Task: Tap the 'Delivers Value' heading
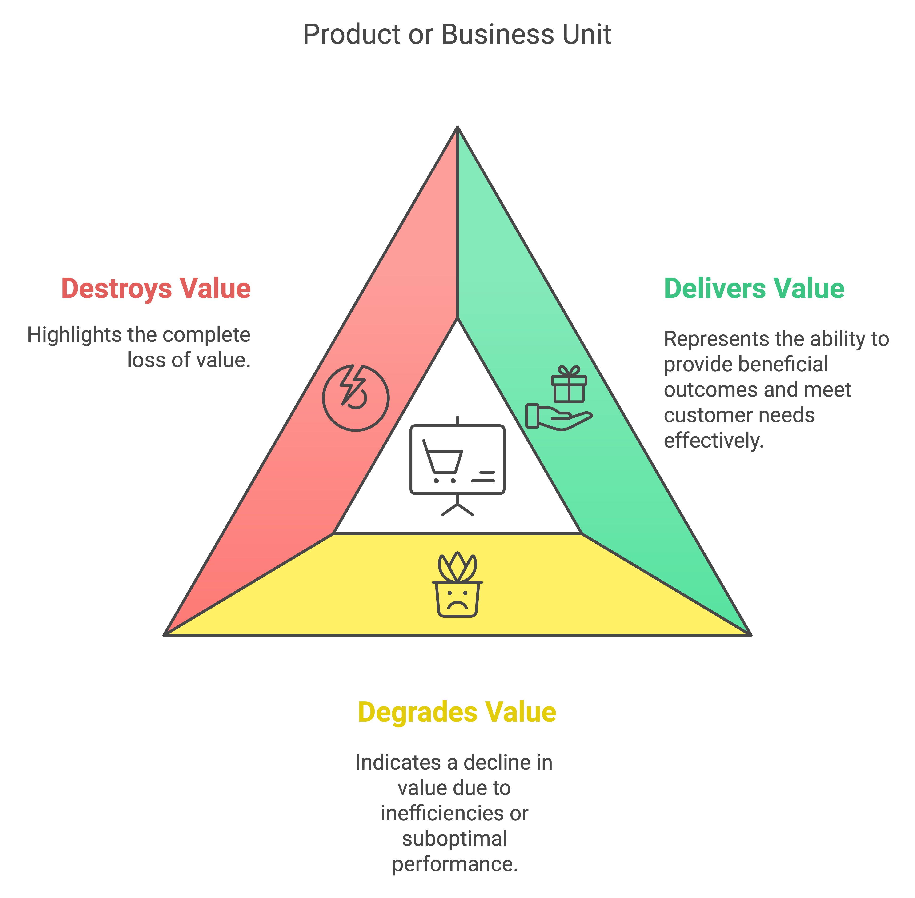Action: (x=754, y=289)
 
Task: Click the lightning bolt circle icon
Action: (x=356, y=398)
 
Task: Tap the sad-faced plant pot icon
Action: (x=457, y=598)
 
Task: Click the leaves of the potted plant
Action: (x=457, y=567)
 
